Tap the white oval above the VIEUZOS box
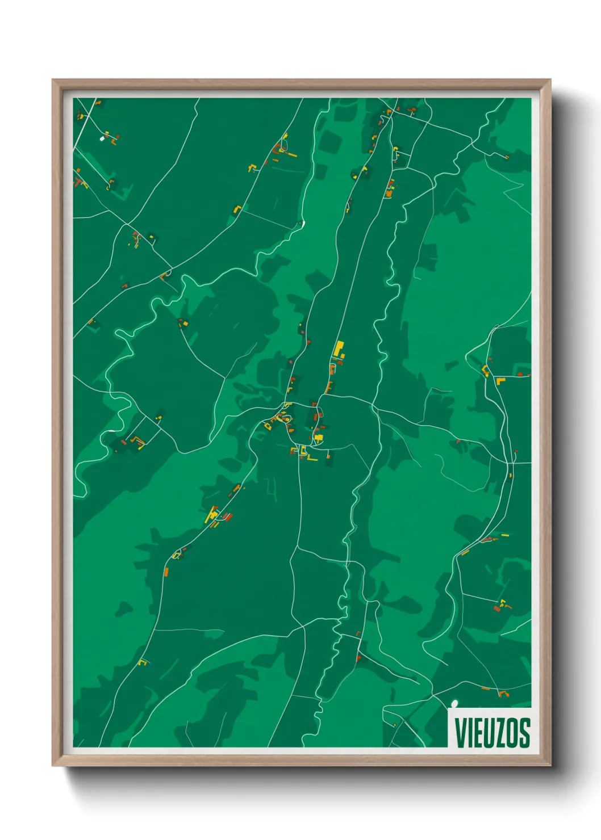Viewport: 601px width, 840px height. [x=454, y=704]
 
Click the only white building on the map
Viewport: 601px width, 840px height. [x=102, y=138]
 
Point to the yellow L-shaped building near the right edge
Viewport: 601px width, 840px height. [x=500, y=380]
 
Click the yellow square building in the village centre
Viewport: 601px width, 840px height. [x=318, y=438]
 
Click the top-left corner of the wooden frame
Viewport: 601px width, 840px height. [x=53, y=80]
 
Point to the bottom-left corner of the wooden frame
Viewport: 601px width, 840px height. [x=53, y=765]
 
